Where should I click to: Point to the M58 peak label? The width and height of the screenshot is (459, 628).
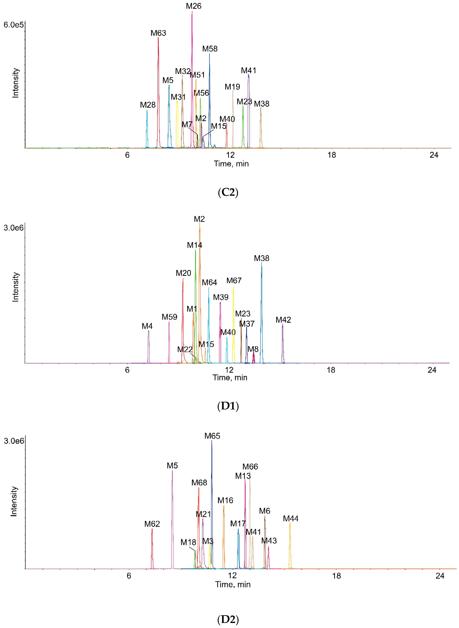[210, 49]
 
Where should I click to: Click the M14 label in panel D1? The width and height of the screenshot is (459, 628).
[194, 245]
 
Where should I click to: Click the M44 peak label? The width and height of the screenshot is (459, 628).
[291, 519]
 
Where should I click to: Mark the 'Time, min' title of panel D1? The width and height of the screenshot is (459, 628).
[230, 378]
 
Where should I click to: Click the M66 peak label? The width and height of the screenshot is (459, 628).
[250, 467]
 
